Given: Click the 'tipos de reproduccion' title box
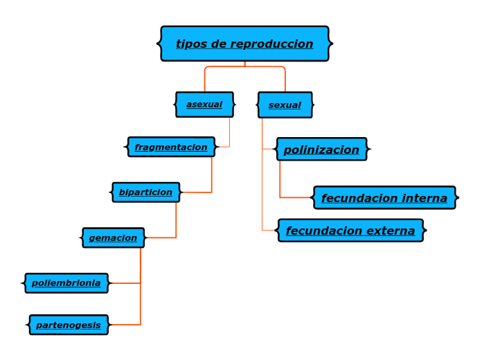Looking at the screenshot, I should (x=244, y=44).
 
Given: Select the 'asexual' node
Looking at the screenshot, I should (x=204, y=105).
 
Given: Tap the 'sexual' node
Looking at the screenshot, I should (x=285, y=105).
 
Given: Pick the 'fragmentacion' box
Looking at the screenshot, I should (x=171, y=147).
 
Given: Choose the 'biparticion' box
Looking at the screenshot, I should (x=145, y=192).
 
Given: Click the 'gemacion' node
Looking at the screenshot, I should (x=113, y=238).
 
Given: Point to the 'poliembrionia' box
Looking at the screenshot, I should (x=66, y=283).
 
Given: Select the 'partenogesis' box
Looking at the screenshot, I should (x=69, y=325).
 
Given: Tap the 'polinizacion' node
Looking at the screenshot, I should (x=321, y=150).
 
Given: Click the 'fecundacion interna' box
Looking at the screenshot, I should (x=384, y=198).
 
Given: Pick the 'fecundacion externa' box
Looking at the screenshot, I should (x=350, y=231).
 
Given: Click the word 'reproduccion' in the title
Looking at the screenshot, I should (x=271, y=44).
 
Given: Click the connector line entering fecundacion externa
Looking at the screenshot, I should (x=262, y=208).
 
